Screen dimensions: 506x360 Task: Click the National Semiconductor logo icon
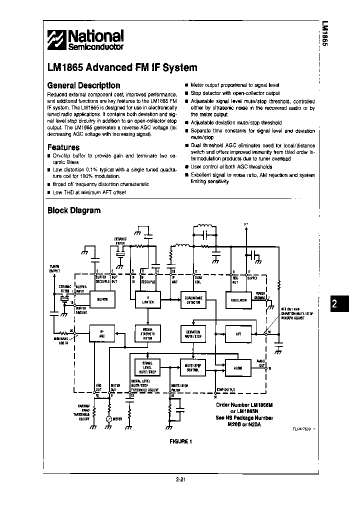coord(56,39)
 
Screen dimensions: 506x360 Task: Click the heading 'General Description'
coord(83,85)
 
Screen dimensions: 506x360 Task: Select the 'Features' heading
coord(63,147)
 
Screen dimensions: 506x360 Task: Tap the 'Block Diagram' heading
coord(73,210)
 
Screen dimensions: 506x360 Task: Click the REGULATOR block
coord(239,300)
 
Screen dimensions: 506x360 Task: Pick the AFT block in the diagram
coord(239,333)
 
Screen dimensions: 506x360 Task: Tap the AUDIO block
coord(239,367)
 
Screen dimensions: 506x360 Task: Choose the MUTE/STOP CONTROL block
coord(193,367)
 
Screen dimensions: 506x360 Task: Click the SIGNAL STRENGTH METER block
coord(147,333)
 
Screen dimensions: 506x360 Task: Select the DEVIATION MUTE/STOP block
coord(193,333)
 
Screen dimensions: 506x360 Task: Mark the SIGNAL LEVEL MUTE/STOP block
coord(147,367)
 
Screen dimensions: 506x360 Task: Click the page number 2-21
coord(181,480)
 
